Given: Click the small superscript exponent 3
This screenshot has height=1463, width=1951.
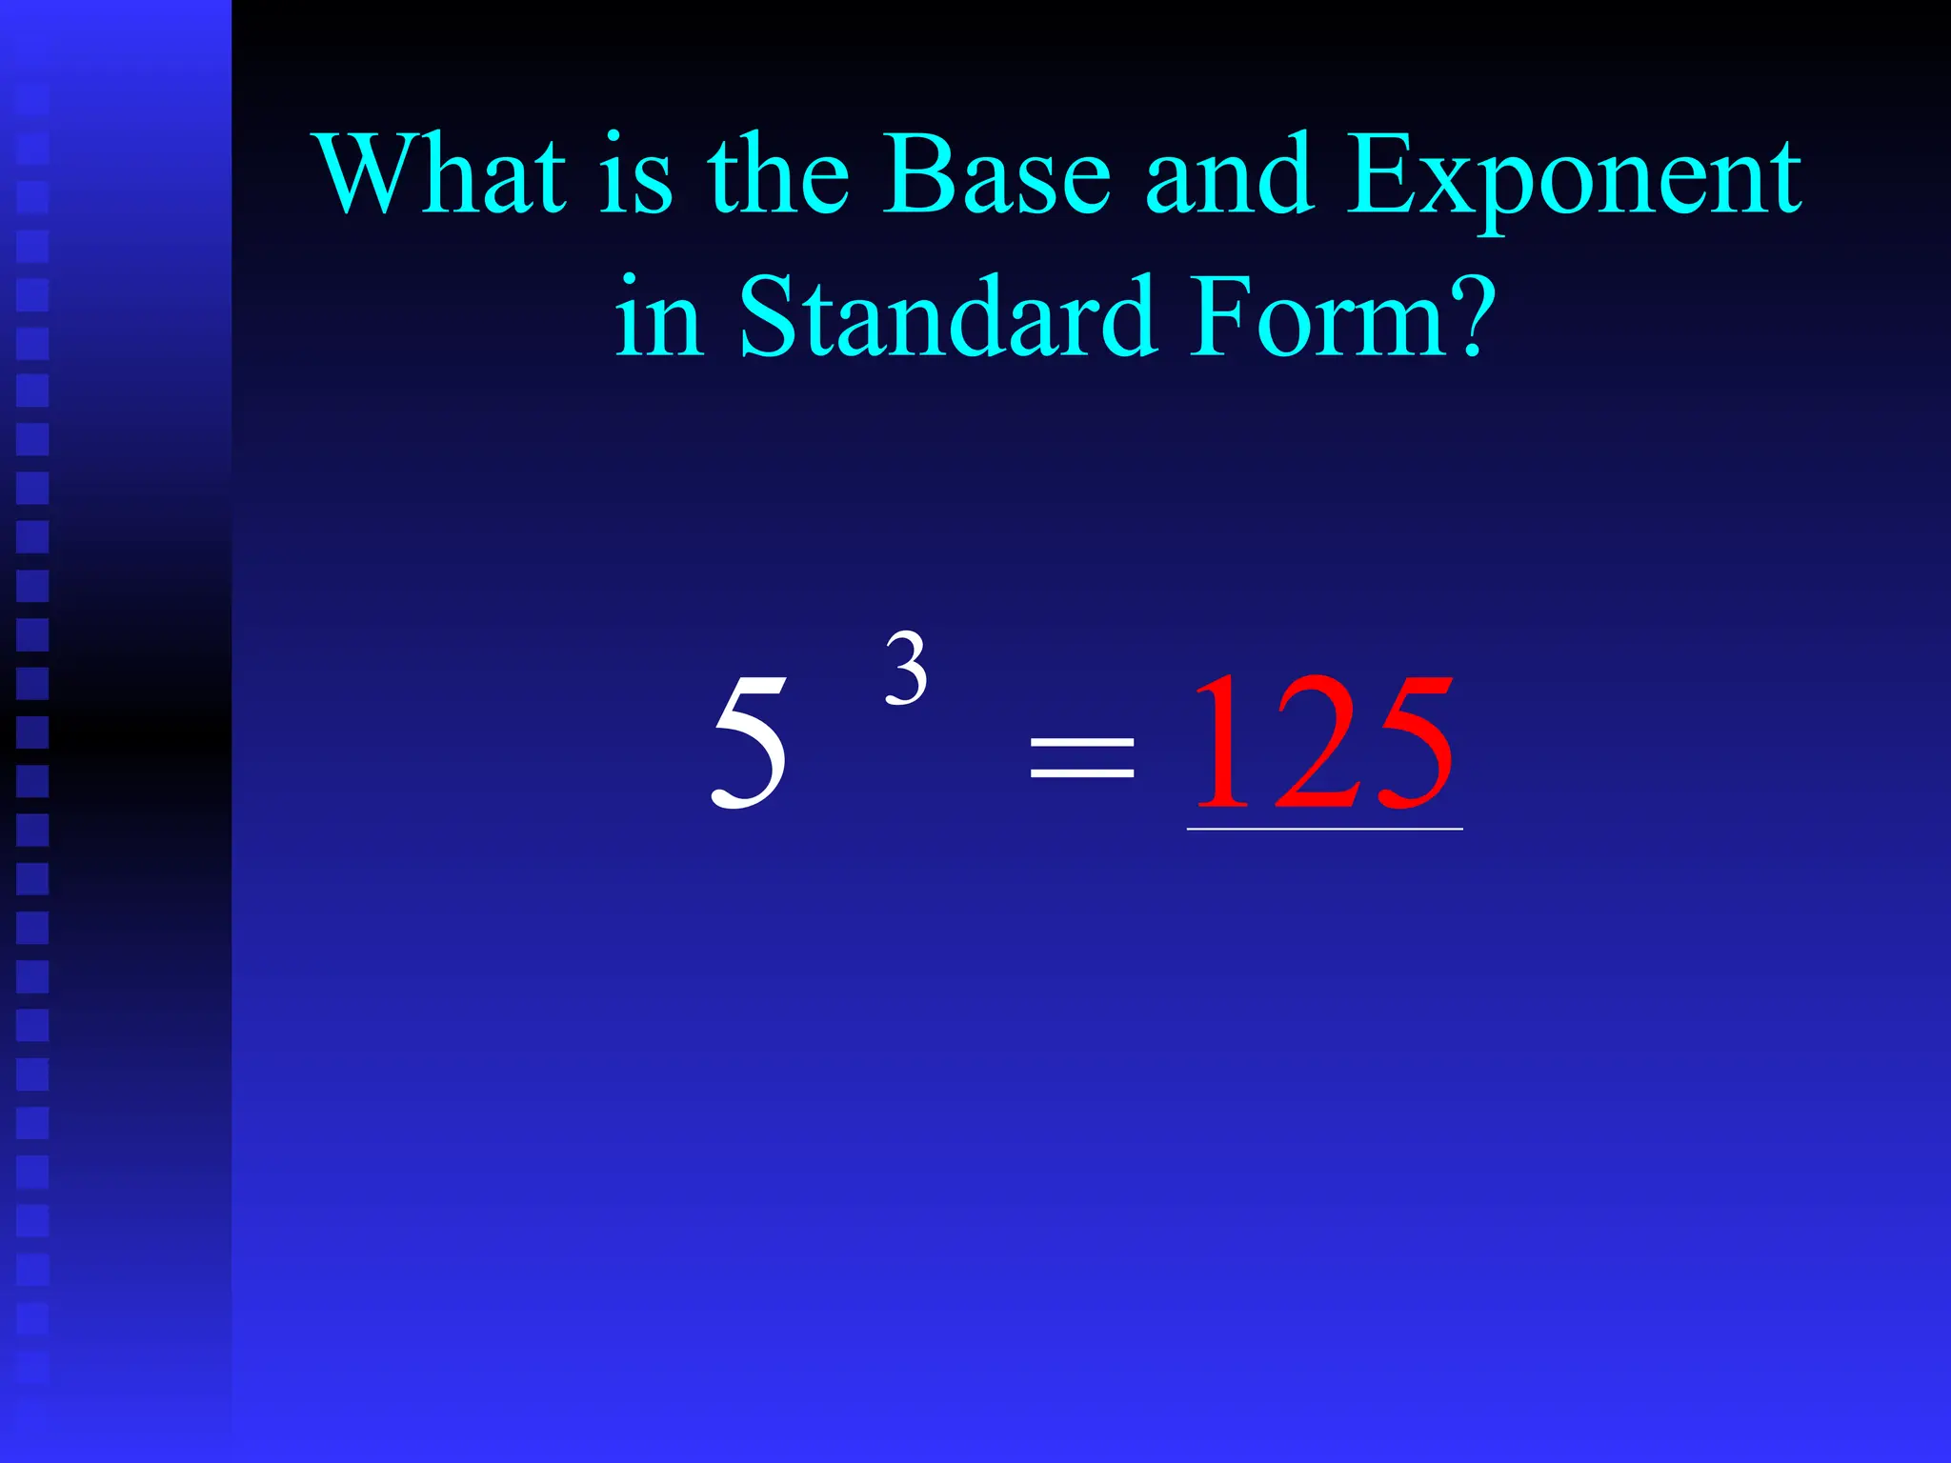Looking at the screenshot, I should pyautogui.click(x=906, y=669).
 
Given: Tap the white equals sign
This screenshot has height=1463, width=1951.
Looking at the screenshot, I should pyautogui.click(x=1082, y=758).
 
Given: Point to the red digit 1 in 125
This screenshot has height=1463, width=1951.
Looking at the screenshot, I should pyautogui.click(x=1219, y=741).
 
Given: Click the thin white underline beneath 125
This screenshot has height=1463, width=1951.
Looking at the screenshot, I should pyautogui.click(x=1324, y=830).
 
